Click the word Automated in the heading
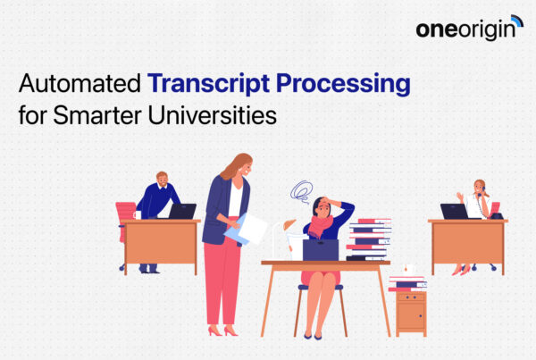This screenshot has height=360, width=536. tap(80, 87)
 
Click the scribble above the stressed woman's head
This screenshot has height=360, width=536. tap(300, 190)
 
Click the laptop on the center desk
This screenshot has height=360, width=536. tap(320, 249)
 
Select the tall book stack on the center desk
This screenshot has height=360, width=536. tap(369, 238)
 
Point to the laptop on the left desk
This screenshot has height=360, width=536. tap(183, 211)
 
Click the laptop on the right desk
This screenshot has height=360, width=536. tap(453, 211)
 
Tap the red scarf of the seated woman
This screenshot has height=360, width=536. tap(321, 226)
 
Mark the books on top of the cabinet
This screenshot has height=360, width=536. tap(407, 281)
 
